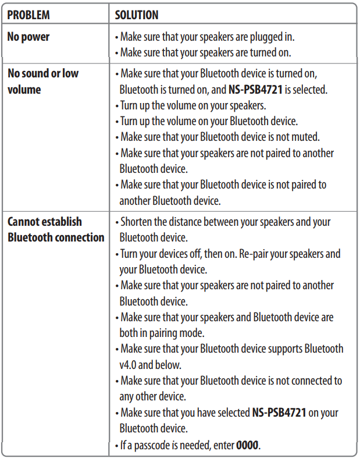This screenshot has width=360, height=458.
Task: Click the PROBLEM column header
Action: [28, 15]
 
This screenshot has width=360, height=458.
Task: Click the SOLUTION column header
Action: [137, 15]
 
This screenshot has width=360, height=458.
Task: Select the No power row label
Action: [28, 37]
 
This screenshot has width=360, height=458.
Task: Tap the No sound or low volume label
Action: [42, 81]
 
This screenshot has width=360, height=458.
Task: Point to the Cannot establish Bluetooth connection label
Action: [56, 229]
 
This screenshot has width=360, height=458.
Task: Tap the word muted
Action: [304, 137]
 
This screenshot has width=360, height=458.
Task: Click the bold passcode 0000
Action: [247, 446]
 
